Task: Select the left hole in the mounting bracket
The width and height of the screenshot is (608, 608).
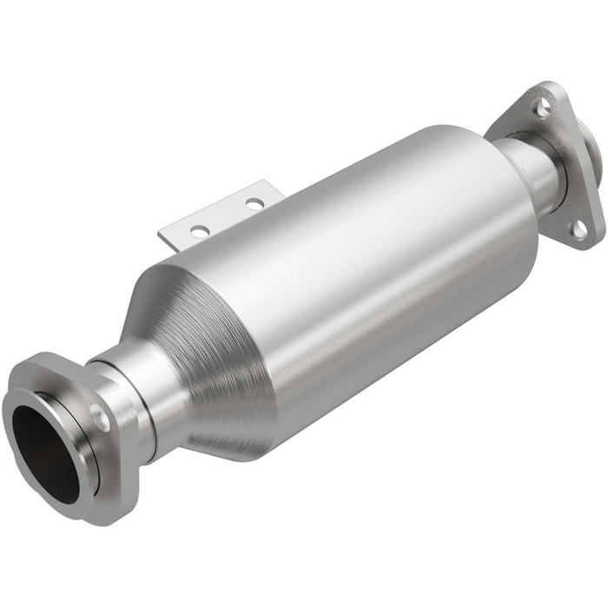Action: click(199, 231)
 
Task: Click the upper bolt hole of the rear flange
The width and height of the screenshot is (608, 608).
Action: click(542, 109)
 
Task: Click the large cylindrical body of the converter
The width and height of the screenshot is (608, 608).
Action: click(373, 261)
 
